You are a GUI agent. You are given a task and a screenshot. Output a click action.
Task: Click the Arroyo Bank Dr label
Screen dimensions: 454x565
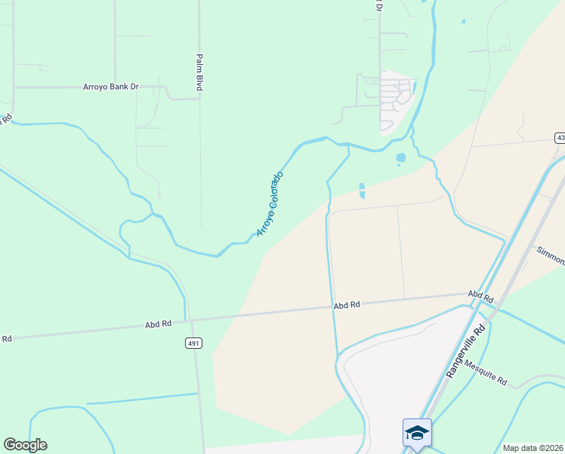(x=111, y=87)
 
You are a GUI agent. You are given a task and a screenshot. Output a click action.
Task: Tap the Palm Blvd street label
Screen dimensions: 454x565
(x=200, y=73)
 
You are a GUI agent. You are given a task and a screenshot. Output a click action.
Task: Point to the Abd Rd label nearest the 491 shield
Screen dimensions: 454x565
(x=158, y=324)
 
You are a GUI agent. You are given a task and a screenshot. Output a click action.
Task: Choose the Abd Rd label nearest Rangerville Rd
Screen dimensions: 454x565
(x=480, y=294)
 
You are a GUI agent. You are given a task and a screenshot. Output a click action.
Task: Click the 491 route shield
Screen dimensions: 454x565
(x=193, y=344)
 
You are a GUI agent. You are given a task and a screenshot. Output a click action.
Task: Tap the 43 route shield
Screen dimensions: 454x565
(x=560, y=138)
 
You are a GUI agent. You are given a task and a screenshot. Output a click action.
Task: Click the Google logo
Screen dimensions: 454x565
(x=25, y=445)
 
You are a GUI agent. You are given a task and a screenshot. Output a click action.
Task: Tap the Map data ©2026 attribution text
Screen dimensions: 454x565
(x=532, y=448)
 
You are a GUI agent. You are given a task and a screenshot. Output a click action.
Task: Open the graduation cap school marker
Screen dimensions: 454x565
(x=417, y=433)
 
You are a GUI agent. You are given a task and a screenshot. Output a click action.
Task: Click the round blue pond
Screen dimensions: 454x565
(x=400, y=158)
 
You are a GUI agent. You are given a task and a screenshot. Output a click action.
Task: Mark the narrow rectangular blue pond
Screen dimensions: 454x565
(x=362, y=191)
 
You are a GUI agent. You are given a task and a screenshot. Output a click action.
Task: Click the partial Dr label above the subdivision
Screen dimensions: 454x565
(x=379, y=6)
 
